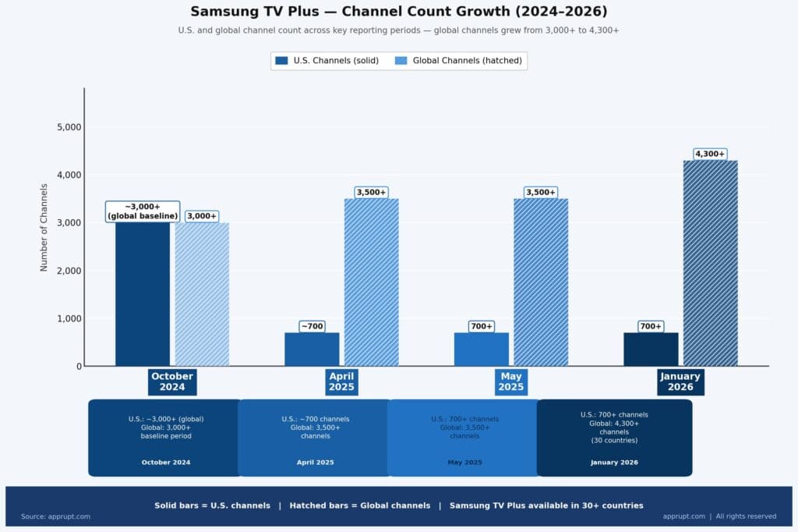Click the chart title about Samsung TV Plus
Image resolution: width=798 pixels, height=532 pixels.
coord(399,12)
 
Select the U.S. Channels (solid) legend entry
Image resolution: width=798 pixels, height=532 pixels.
coord(326,60)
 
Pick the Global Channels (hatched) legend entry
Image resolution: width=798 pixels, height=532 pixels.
coord(458,60)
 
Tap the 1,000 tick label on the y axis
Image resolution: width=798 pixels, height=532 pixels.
coord(70,319)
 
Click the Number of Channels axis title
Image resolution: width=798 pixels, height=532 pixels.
coord(44,228)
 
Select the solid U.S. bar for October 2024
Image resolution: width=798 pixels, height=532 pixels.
coord(143,296)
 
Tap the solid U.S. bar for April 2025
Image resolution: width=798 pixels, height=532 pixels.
coord(312,349)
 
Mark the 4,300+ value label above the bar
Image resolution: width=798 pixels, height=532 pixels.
coord(710,154)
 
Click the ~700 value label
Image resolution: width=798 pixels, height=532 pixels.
coord(312,326)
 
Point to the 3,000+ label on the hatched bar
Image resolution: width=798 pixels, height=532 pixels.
coord(202,216)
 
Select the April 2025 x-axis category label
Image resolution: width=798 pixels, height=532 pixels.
coord(341,381)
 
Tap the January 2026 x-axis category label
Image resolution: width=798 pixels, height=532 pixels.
coord(680,381)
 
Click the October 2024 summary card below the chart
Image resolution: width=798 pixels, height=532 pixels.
coord(165,438)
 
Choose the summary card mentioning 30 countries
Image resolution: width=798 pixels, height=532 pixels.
coord(614,438)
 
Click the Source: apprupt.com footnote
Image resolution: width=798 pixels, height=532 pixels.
coord(55,516)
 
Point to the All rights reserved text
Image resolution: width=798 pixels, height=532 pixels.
coord(746,516)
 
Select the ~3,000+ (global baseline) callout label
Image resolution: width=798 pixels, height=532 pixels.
coord(143,211)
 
